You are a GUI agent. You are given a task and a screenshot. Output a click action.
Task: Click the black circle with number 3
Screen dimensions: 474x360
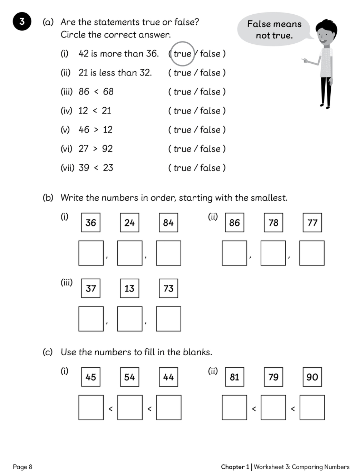pyautogui.click(x=22, y=21)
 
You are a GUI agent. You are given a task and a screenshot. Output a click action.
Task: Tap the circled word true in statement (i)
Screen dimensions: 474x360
pyautogui.click(x=182, y=54)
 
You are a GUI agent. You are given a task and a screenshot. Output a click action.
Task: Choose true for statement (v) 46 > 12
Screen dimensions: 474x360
pyautogui.click(x=182, y=130)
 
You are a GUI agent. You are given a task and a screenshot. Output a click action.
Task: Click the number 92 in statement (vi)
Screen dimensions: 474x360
pyautogui.click(x=107, y=149)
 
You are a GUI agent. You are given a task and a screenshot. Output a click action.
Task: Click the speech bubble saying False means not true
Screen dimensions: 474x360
pyautogui.click(x=274, y=30)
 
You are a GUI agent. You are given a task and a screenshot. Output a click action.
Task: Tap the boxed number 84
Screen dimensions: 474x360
pyautogui.click(x=168, y=223)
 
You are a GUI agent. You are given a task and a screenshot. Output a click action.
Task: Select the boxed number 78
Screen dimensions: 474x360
pyautogui.click(x=273, y=223)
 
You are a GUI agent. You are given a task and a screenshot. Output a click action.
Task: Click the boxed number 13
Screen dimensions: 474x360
pyautogui.click(x=129, y=288)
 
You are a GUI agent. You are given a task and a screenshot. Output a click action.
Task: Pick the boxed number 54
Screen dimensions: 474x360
pyautogui.click(x=129, y=377)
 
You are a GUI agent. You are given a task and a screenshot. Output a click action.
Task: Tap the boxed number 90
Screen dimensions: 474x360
pyautogui.click(x=312, y=377)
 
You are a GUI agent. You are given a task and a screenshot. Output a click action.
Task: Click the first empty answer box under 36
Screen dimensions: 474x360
pyautogui.click(x=91, y=253)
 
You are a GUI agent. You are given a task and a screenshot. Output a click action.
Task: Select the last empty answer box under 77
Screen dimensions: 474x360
pyautogui.click(x=312, y=253)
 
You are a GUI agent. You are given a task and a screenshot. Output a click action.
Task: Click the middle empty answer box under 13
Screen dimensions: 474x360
pyautogui.click(x=129, y=319)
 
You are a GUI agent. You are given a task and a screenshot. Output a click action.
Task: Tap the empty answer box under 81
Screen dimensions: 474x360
pyautogui.click(x=234, y=407)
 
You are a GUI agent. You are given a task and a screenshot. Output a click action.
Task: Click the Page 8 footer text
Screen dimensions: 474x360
pyautogui.click(x=23, y=466)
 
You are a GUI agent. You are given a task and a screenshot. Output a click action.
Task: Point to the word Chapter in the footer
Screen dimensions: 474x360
pyautogui.click(x=232, y=466)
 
